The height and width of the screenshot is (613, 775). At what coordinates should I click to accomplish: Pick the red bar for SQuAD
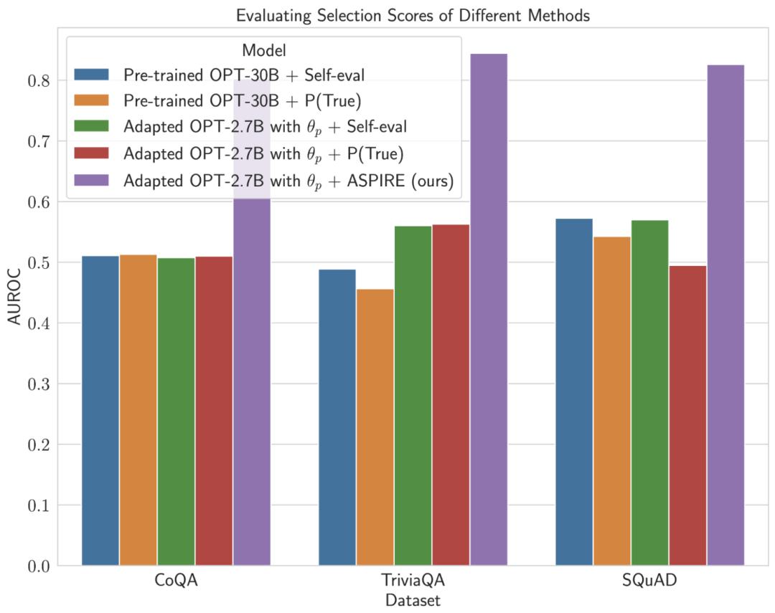[687, 416]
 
